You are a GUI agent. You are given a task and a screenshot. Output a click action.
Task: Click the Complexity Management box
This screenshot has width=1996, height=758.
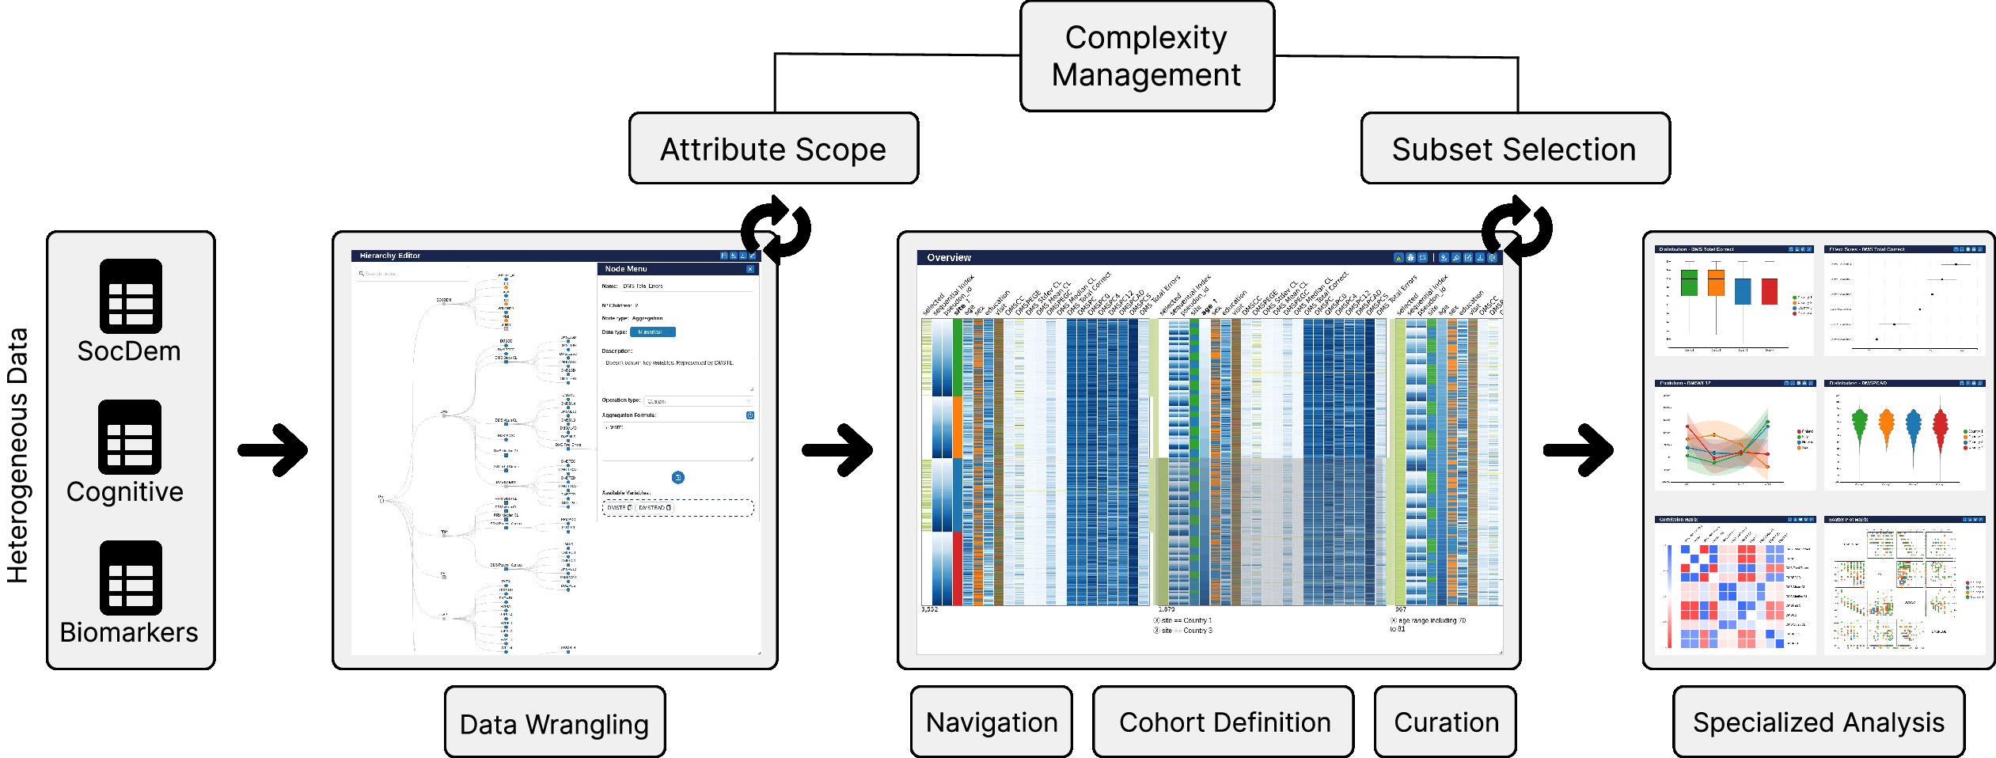[x=1147, y=56]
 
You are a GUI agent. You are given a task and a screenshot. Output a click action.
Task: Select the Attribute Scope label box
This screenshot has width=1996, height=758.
[x=773, y=149]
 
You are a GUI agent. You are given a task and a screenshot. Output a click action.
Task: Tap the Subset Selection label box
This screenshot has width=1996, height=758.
[x=1514, y=149]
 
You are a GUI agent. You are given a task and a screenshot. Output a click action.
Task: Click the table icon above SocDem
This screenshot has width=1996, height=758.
[x=131, y=296]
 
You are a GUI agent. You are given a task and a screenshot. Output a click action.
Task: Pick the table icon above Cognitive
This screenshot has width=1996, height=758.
[x=130, y=437]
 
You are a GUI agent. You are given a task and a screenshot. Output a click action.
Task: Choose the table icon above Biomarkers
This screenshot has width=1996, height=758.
[x=131, y=578]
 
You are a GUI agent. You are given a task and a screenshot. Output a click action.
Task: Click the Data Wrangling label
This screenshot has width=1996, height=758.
[x=554, y=722]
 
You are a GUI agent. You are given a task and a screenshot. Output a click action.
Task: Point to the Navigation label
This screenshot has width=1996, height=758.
[x=991, y=722]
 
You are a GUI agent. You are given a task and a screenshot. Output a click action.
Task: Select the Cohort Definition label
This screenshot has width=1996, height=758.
[x=1224, y=722]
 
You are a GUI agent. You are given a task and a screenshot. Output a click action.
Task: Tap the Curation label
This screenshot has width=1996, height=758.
[x=1445, y=722]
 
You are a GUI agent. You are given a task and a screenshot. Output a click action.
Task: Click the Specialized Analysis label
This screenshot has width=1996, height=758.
[x=1818, y=722]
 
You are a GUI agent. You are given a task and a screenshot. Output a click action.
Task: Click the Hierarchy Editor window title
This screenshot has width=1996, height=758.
[x=390, y=256]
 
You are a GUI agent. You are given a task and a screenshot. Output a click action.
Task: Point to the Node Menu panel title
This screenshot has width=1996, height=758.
[x=626, y=269]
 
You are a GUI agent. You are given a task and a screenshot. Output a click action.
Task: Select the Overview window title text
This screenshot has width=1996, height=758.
[x=949, y=258]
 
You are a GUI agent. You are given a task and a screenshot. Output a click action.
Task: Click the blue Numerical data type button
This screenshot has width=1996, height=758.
[x=652, y=332]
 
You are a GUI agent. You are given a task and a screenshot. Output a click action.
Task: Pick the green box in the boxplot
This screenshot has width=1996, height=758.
[x=1689, y=282]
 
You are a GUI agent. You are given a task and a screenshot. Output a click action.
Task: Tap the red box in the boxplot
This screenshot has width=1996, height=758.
[x=1770, y=290]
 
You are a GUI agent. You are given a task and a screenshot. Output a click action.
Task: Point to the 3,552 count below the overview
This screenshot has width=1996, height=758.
[x=930, y=610]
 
